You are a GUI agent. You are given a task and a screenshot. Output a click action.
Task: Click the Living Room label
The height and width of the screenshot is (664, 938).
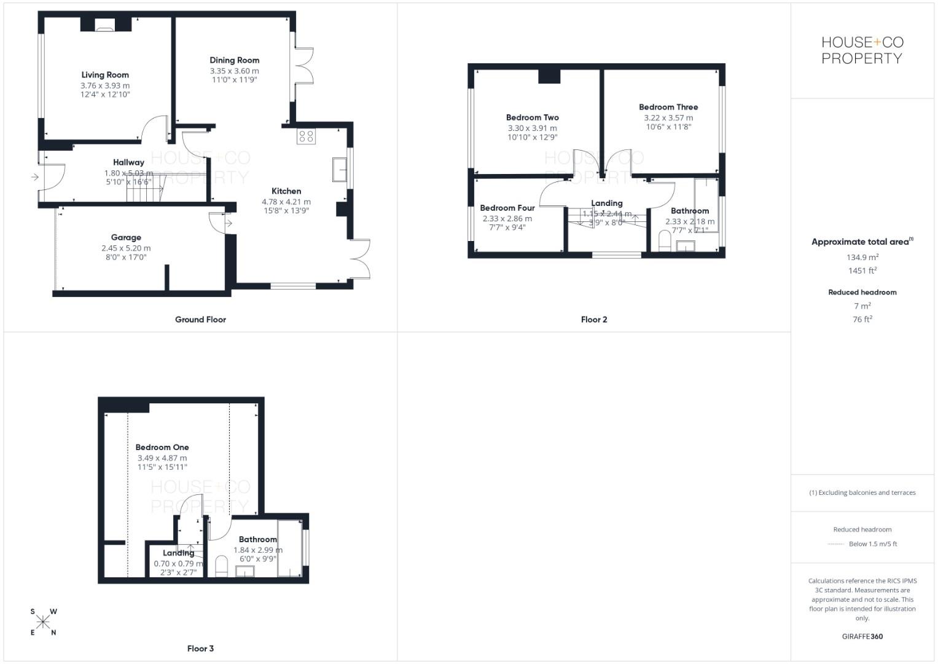105,75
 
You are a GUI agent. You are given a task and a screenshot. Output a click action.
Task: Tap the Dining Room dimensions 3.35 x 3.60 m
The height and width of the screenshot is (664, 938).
234,71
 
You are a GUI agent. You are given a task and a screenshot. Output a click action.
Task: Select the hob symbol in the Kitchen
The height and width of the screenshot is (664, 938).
306,136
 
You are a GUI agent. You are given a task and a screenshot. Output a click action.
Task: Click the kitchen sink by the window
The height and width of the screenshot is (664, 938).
339,169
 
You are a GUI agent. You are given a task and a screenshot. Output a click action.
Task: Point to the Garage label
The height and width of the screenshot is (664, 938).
126,237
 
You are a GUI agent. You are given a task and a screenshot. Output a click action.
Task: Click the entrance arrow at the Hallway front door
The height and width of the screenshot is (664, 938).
34,177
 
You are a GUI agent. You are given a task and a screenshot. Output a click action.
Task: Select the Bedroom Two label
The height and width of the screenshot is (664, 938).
532,117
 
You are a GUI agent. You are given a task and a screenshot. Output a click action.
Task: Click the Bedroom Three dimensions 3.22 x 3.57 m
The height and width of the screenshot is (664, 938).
668,117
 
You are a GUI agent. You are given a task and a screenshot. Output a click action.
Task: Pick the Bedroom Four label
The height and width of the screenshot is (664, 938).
507,208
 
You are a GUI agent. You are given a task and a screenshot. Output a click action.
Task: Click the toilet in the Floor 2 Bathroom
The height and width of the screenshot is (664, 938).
664,241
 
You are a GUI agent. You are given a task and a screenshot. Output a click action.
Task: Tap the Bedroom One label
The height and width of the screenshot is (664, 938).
162,448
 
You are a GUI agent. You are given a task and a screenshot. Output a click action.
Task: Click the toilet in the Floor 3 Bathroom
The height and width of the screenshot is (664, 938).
222,567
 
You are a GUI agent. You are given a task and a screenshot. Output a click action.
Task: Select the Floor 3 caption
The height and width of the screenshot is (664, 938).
200,649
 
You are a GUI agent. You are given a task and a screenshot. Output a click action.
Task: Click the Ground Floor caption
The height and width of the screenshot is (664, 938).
200,320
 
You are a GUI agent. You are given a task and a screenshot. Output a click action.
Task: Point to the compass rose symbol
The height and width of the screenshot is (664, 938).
43,622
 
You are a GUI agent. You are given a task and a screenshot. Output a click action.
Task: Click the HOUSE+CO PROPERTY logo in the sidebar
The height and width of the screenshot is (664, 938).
862,50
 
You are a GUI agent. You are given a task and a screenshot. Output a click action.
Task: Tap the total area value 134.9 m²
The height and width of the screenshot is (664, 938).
862,258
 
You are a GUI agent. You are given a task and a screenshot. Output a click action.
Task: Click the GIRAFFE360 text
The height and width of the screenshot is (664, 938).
862,636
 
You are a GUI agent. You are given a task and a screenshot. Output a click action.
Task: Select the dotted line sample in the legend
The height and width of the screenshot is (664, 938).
835,544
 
